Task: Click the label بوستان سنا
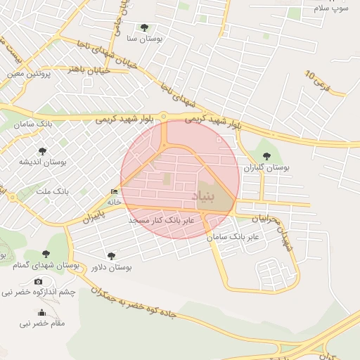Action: [x=145, y=39]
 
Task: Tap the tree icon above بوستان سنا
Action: [x=144, y=28]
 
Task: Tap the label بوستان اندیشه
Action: [x=44, y=162]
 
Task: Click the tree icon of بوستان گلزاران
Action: [x=266, y=155]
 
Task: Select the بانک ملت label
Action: [x=52, y=191]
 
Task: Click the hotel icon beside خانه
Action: [x=115, y=191]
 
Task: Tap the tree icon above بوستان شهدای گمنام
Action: [x=46, y=254]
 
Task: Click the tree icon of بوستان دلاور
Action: [x=111, y=256]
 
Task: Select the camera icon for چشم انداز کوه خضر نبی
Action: [x=38, y=281]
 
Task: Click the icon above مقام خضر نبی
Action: [x=41, y=313]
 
